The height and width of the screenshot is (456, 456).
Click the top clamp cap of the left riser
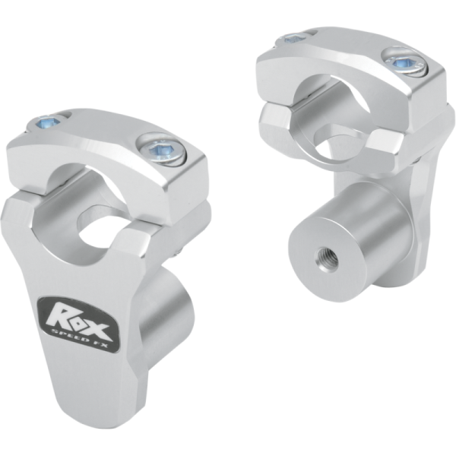(114, 152)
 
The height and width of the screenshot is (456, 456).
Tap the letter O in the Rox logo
(81, 313)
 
